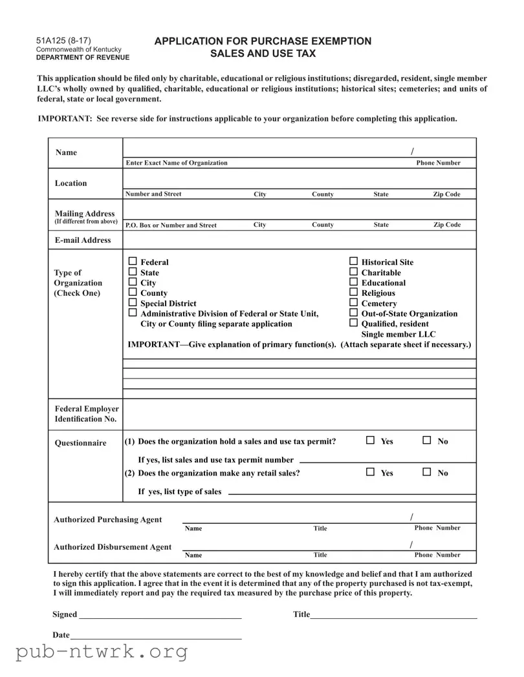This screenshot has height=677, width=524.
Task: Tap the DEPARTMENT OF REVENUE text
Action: [x=82, y=57]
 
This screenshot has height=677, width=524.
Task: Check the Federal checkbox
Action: [x=133, y=262]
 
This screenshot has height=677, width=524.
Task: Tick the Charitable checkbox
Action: [x=353, y=272]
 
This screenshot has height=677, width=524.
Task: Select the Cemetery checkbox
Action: [x=353, y=303]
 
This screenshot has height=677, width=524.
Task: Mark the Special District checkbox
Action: [x=133, y=303]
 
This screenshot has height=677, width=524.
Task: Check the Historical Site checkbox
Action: [x=353, y=262]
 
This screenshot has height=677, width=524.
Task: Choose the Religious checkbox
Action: [x=353, y=293]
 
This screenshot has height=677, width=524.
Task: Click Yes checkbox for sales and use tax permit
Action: [x=370, y=441]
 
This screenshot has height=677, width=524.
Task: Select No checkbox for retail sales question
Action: [x=427, y=472]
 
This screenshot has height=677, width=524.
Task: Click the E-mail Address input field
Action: [x=299, y=240]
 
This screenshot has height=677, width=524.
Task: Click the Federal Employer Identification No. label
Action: [x=87, y=414]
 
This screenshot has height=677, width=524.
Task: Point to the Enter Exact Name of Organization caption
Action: [x=177, y=163]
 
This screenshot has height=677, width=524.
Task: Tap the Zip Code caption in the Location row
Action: [x=446, y=194]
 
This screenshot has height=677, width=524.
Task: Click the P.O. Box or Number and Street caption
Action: [x=171, y=225]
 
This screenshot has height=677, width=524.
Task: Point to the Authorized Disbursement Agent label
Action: [x=113, y=547]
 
